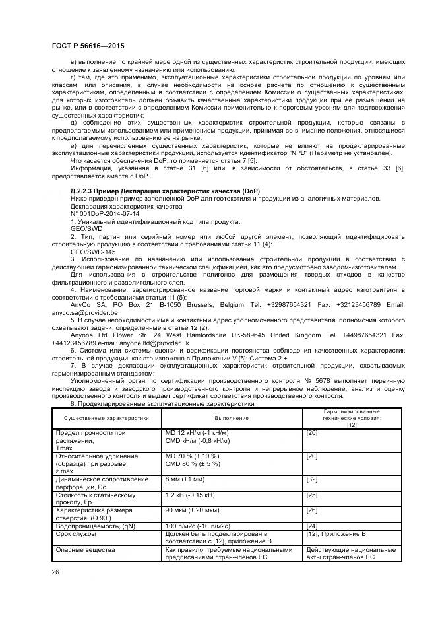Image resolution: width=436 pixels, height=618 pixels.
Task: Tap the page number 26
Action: (56, 572)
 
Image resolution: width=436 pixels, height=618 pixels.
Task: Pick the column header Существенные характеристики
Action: (106, 417)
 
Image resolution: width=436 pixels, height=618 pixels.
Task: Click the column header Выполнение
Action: (232, 417)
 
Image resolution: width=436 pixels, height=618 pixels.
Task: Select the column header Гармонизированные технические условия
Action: (351, 417)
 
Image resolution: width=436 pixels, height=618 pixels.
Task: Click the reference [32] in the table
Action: (313, 480)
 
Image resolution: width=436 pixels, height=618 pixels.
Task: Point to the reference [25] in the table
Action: (313, 495)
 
